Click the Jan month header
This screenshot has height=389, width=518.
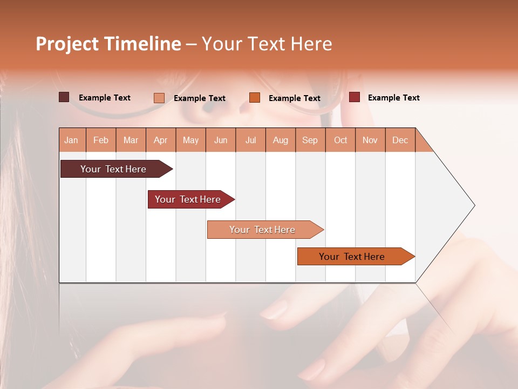72,140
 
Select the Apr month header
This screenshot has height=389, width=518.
161,140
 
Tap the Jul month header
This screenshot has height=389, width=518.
251,140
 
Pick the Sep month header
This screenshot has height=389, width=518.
310,140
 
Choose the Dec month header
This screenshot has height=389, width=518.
400,140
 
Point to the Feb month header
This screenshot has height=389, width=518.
101,140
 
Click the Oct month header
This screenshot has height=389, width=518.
340,140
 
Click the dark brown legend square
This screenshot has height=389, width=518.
64,97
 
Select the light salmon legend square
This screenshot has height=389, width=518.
159,98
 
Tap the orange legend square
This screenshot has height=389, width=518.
255,97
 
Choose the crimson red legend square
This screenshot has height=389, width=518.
355,97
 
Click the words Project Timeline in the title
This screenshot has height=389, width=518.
108,44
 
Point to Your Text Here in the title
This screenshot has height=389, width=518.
267,44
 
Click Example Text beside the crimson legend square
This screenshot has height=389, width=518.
394,97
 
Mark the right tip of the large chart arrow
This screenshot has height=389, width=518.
474,205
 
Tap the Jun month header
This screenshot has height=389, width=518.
221,140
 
